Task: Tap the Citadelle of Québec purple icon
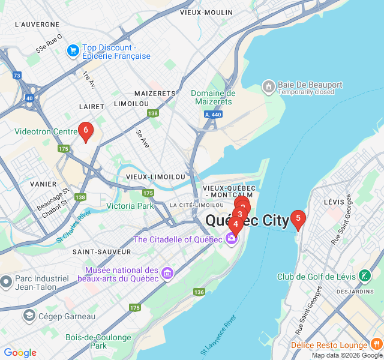coord(232,239)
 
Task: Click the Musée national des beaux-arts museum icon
coord(167,274)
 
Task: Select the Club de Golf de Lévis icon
coord(365,276)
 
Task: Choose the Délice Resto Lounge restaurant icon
coord(377,344)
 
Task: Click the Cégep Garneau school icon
coord(29,316)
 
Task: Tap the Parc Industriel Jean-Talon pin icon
coord(6,281)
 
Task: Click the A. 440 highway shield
coord(213,114)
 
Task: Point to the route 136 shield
coord(199,292)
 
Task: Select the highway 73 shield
coord(16,76)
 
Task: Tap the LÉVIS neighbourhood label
coord(335,202)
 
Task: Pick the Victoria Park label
coord(130,206)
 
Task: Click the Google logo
coord(20,353)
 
